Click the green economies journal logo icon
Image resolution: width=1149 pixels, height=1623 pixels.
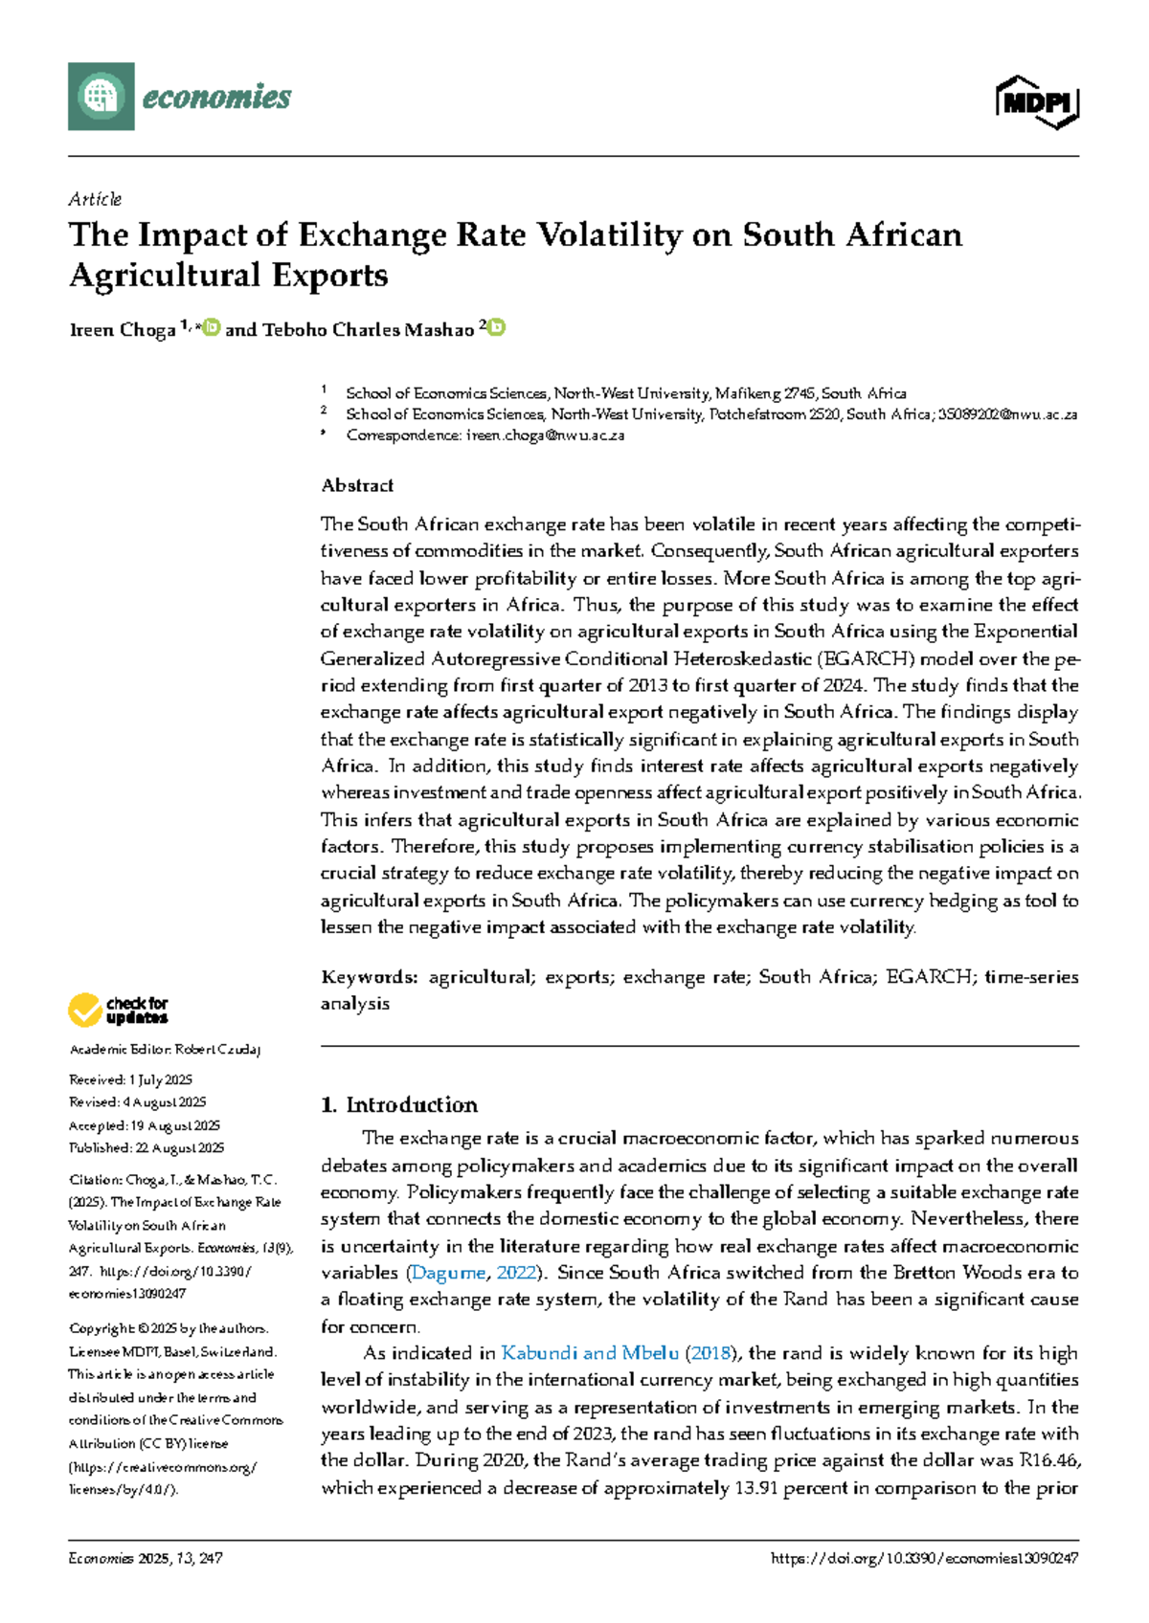tap(101, 96)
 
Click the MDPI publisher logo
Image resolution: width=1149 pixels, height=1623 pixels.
tap(1038, 101)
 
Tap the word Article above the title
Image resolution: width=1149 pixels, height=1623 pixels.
tap(95, 199)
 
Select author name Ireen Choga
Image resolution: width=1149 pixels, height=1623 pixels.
tap(123, 330)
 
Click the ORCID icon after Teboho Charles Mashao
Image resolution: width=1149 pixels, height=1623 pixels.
tap(497, 328)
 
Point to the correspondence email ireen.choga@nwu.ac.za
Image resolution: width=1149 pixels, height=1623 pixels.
tap(545, 435)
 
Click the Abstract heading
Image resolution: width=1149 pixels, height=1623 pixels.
tap(357, 486)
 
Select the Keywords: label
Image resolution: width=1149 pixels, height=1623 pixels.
tap(370, 977)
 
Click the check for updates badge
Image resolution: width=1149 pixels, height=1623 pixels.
tap(118, 1011)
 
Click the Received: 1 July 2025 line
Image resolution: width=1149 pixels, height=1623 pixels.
tap(131, 1080)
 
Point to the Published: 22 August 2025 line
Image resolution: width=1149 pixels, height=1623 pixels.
tap(146, 1148)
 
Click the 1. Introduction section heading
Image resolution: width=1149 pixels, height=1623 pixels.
tap(399, 1105)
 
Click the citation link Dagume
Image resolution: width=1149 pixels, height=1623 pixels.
tap(448, 1273)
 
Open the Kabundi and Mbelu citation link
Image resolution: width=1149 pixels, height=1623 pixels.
tap(590, 1353)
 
